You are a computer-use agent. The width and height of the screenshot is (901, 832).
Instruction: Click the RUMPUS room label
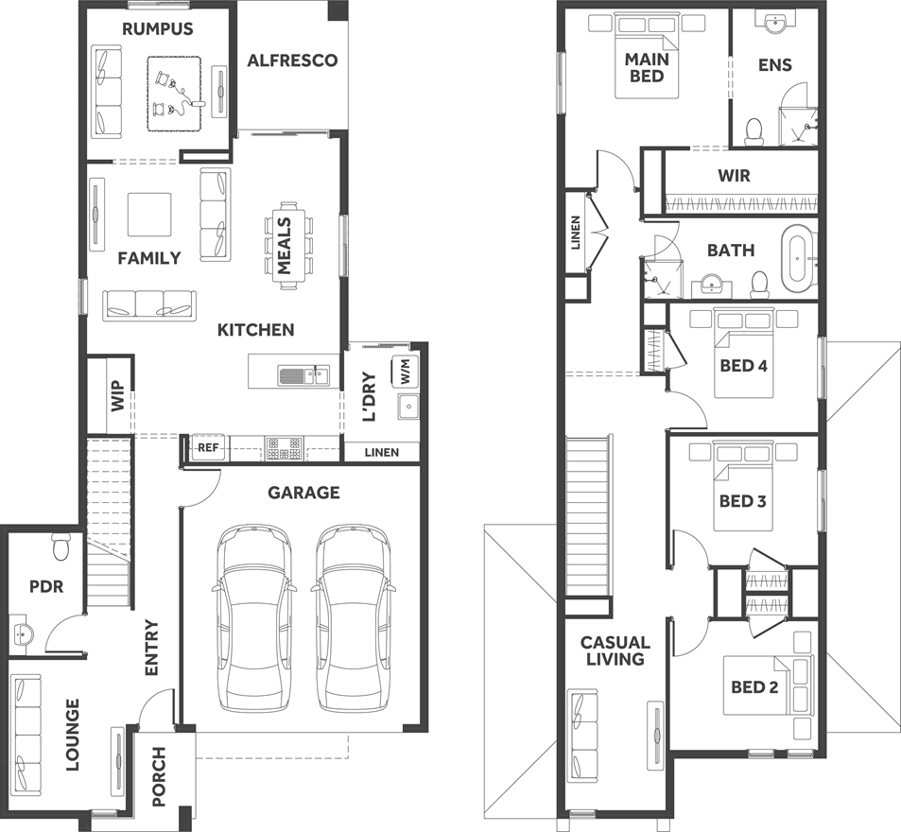pyautogui.click(x=157, y=29)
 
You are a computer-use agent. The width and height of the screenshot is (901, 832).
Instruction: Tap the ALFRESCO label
pyautogui.click(x=292, y=61)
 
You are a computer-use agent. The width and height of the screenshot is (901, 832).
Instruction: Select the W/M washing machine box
pyautogui.click(x=406, y=371)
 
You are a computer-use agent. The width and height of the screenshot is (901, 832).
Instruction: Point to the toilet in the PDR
pyautogui.click(x=62, y=546)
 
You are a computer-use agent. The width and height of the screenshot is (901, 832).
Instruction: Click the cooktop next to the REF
pyautogui.click(x=285, y=448)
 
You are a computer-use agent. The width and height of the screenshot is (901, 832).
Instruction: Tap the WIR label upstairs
pyautogui.click(x=734, y=176)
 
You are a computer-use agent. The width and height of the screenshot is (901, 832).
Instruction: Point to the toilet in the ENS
pyautogui.click(x=754, y=130)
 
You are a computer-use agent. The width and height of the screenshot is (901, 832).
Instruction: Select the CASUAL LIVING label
pyautogui.click(x=615, y=650)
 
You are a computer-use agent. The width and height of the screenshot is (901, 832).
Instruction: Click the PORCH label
pyautogui.click(x=159, y=777)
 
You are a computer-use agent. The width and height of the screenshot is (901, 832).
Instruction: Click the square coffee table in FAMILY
pyautogui.click(x=149, y=215)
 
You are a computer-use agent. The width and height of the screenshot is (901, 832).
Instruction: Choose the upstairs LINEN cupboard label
pyautogui.click(x=576, y=234)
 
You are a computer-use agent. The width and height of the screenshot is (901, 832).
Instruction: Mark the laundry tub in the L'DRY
pyautogui.click(x=409, y=407)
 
